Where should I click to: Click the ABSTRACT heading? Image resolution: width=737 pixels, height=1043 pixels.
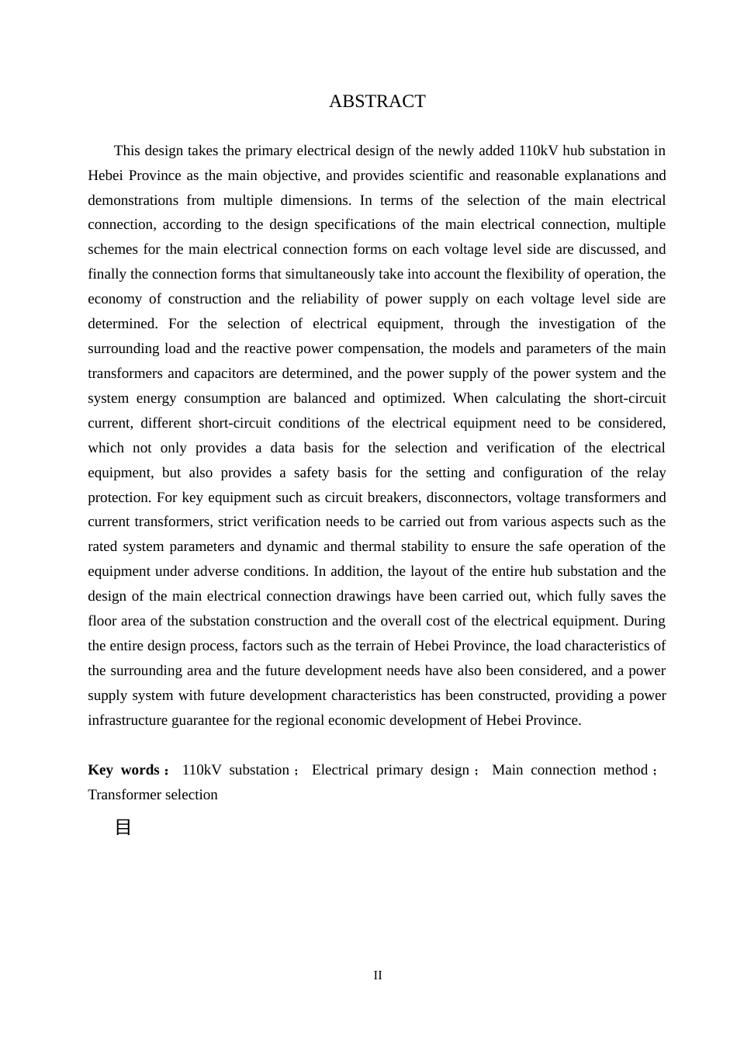[x=377, y=102]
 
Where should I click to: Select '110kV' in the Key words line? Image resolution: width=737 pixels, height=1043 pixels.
[x=202, y=770]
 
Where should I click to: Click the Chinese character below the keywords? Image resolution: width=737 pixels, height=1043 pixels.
[x=123, y=827]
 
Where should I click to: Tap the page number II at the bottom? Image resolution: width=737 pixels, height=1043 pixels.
[x=378, y=975]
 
